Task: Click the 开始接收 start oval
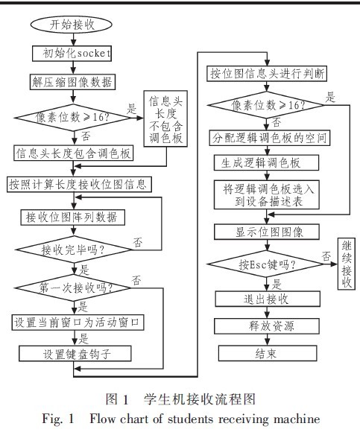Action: point(72,25)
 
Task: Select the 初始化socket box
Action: point(72,54)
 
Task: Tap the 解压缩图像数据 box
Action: point(72,82)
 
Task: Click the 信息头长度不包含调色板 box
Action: point(165,118)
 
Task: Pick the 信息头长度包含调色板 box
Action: point(74,153)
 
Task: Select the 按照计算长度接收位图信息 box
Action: point(79,184)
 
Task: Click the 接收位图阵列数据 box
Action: point(73,217)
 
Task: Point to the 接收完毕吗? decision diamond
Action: point(74,250)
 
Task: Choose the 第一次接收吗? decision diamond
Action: point(74,288)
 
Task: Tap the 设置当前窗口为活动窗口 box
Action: point(78,322)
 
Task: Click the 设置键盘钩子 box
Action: point(75,353)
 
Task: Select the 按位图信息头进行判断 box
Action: point(267,74)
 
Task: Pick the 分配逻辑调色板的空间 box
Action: point(270,138)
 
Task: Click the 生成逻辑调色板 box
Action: point(267,162)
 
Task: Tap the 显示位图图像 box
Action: point(267,232)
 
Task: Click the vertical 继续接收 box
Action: point(347,264)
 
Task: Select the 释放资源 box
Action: point(267,326)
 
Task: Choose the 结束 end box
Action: point(268,353)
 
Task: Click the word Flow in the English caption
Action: point(102,419)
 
